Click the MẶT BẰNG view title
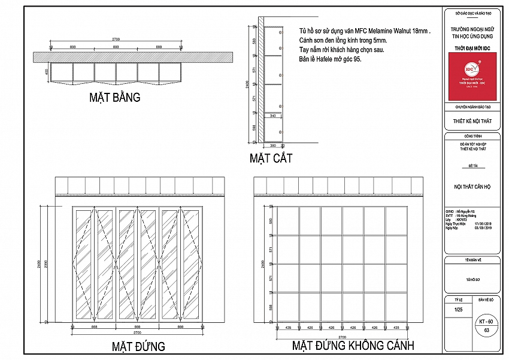pos(116,97)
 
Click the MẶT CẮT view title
pos(271,159)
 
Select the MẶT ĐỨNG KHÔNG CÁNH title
pos(353,346)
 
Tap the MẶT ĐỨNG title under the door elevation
pos(138,347)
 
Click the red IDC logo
pos(472,75)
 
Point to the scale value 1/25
pos(459,309)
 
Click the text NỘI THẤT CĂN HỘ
pos(472,186)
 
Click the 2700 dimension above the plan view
pos(116,39)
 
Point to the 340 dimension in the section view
pos(272,116)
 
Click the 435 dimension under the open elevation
pos(288,328)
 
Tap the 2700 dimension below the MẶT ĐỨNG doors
pos(137,332)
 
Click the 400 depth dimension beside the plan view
pos(46,72)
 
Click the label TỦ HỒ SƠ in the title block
pos(472,279)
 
